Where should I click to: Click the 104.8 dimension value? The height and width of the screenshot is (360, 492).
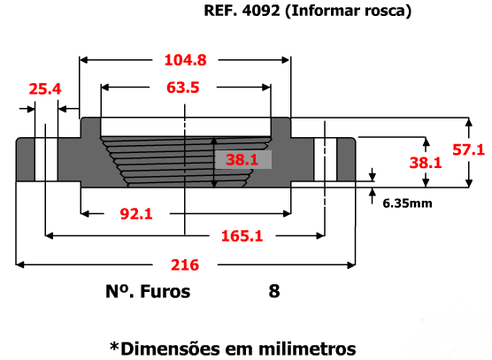(x=186, y=60)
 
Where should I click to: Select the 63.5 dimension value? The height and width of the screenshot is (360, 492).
(x=183, y=88)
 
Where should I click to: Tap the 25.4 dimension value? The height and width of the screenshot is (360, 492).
(x=45, y=89)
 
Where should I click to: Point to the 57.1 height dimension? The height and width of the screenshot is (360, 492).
(x=468, y=149)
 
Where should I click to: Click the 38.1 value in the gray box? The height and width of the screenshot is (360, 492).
(x=242, y=159)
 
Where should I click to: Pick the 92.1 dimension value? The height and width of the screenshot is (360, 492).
(x=136, y=214)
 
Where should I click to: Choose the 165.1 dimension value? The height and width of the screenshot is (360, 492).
(x=242, y=236)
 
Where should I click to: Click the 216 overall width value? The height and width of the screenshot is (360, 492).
(x=185, y=265)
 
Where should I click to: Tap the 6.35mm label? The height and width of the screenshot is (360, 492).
(x=407, y=203)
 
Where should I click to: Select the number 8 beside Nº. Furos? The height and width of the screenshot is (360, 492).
(x=274, y=291)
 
